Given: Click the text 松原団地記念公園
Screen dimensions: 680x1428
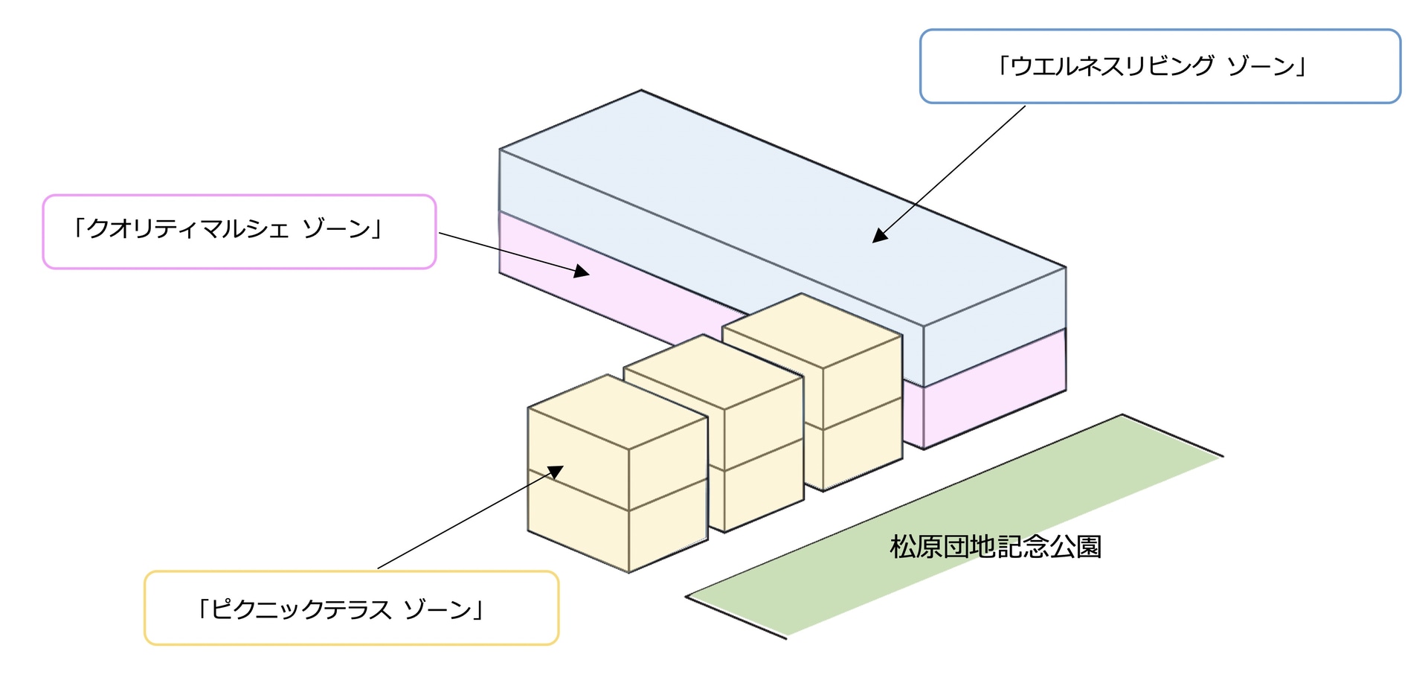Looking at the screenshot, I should pos(995,547).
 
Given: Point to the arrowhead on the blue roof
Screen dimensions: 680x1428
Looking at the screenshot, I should pos(880,235).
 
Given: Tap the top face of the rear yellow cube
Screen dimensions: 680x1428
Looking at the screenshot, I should pos(811,330).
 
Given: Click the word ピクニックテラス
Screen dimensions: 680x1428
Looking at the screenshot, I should pos(301,610).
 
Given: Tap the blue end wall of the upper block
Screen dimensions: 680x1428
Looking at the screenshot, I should pos(994,327).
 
